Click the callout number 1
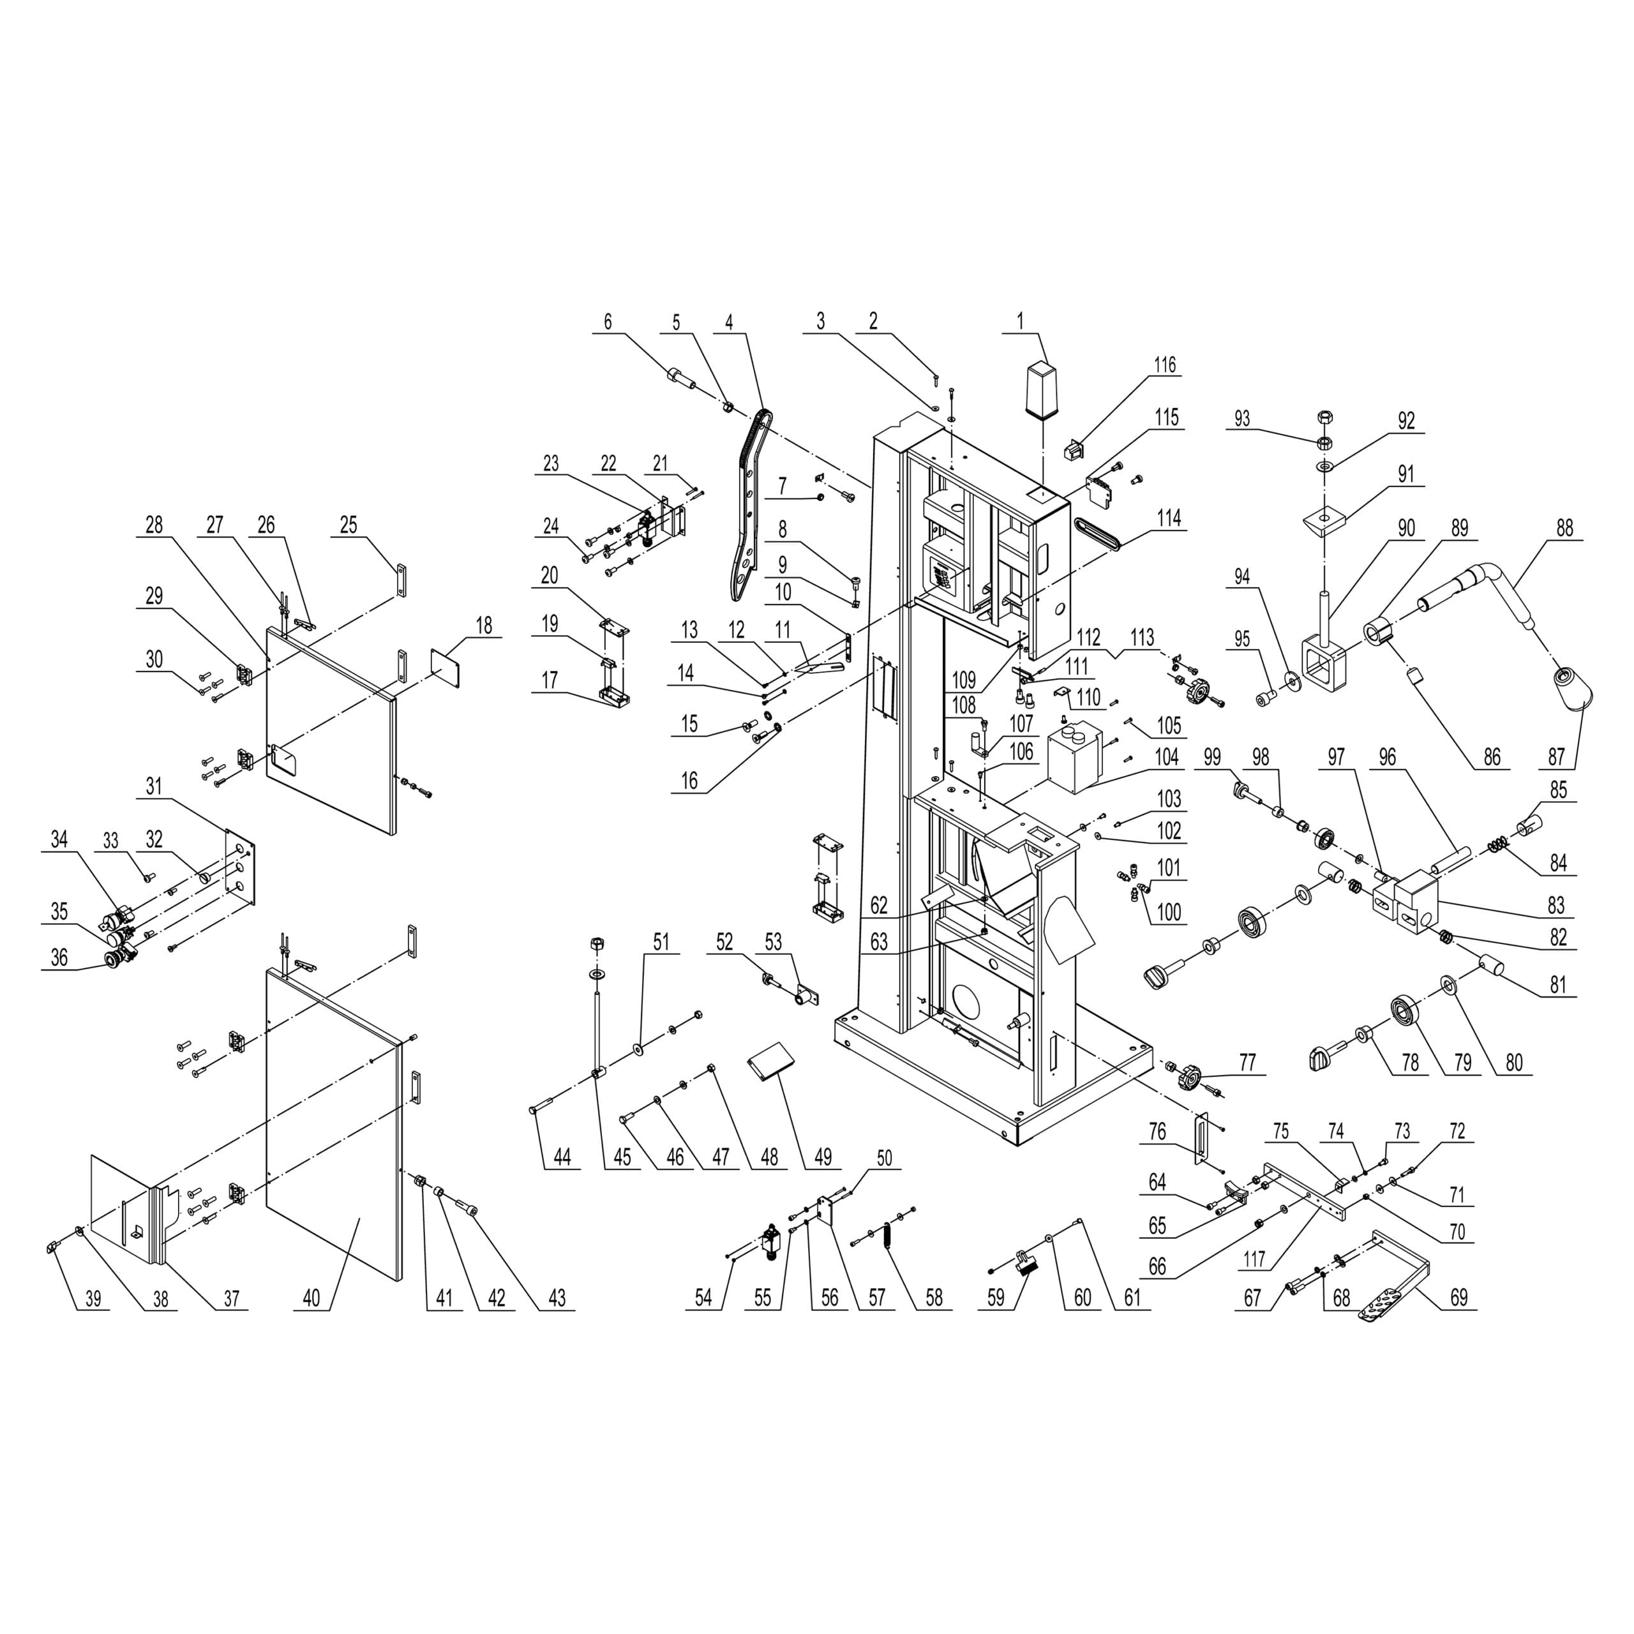tap(1020, 322)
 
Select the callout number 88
tap(1564, 528)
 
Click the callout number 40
tap(311, 1298)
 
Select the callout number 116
tap(1165, 365)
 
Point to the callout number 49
tap(823, 1156)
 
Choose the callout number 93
tap(1241, 419)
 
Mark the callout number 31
tap(153, 786)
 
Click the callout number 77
tap(1247, 1061)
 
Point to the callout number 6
tap(607, 322)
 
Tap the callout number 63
tap(880, 941)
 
